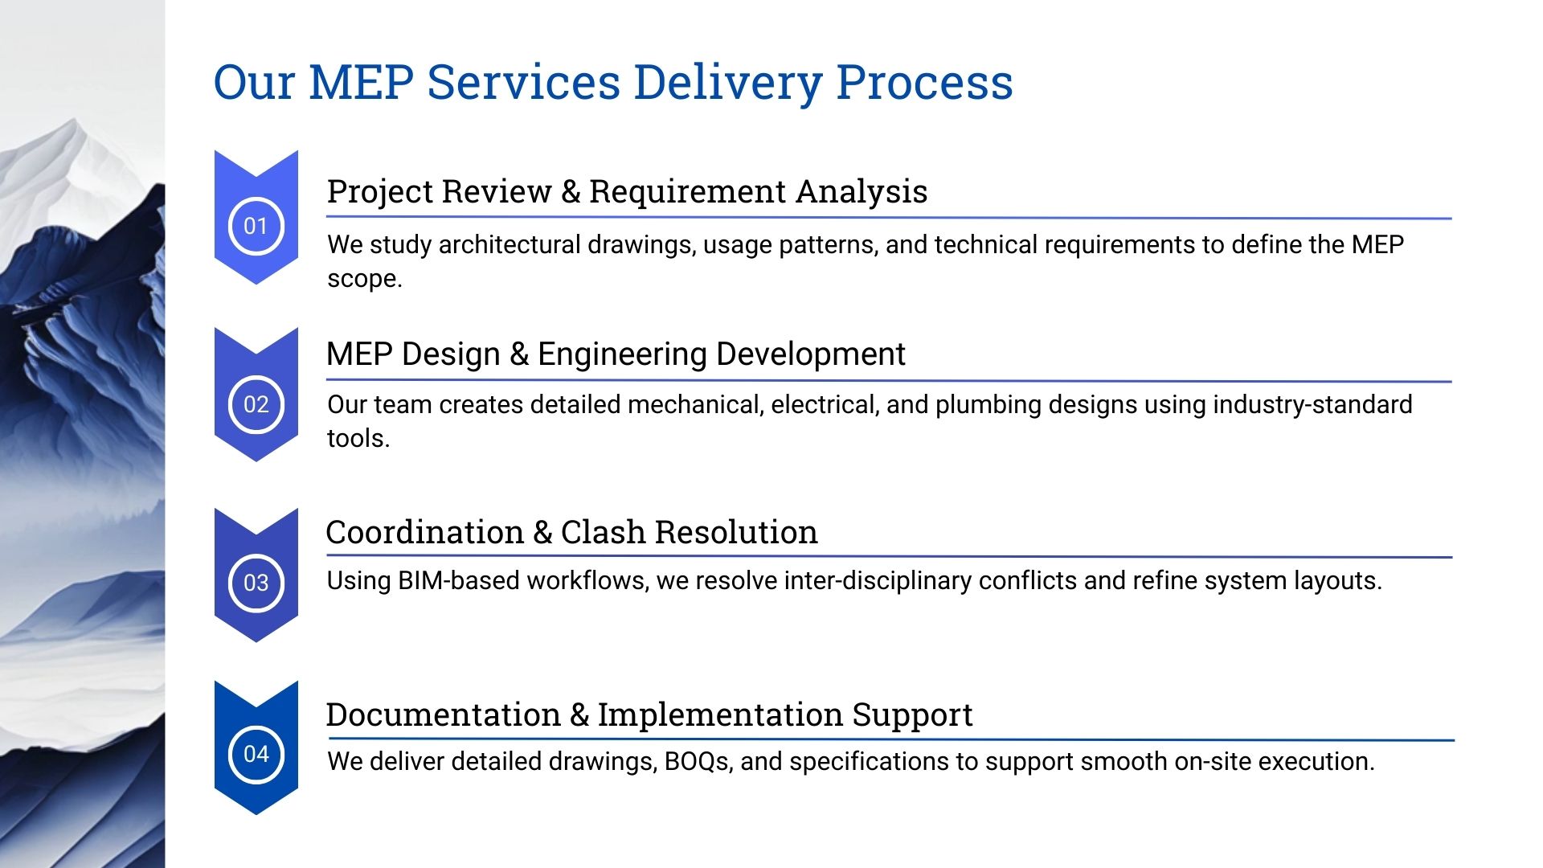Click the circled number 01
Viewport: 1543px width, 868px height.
[x=256, y=226]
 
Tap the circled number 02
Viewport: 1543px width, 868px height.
[x=256, y=404]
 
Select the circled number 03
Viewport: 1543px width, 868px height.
[x=256, y=583]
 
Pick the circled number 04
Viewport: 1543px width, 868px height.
[x=256, y=754]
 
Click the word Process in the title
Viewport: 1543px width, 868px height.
[x=924, y=83]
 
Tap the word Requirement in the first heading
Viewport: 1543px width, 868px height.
[x=687, y=192]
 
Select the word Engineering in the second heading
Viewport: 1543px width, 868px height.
[x=622, y=354]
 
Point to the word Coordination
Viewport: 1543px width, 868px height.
[x=424, y=533]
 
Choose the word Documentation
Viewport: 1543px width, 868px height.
[x=443, y=714]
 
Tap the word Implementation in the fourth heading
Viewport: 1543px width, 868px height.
[x=720, y=714]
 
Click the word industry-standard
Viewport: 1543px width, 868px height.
[x=1312, y=404]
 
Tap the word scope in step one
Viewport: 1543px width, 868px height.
[x=363, y=279]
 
